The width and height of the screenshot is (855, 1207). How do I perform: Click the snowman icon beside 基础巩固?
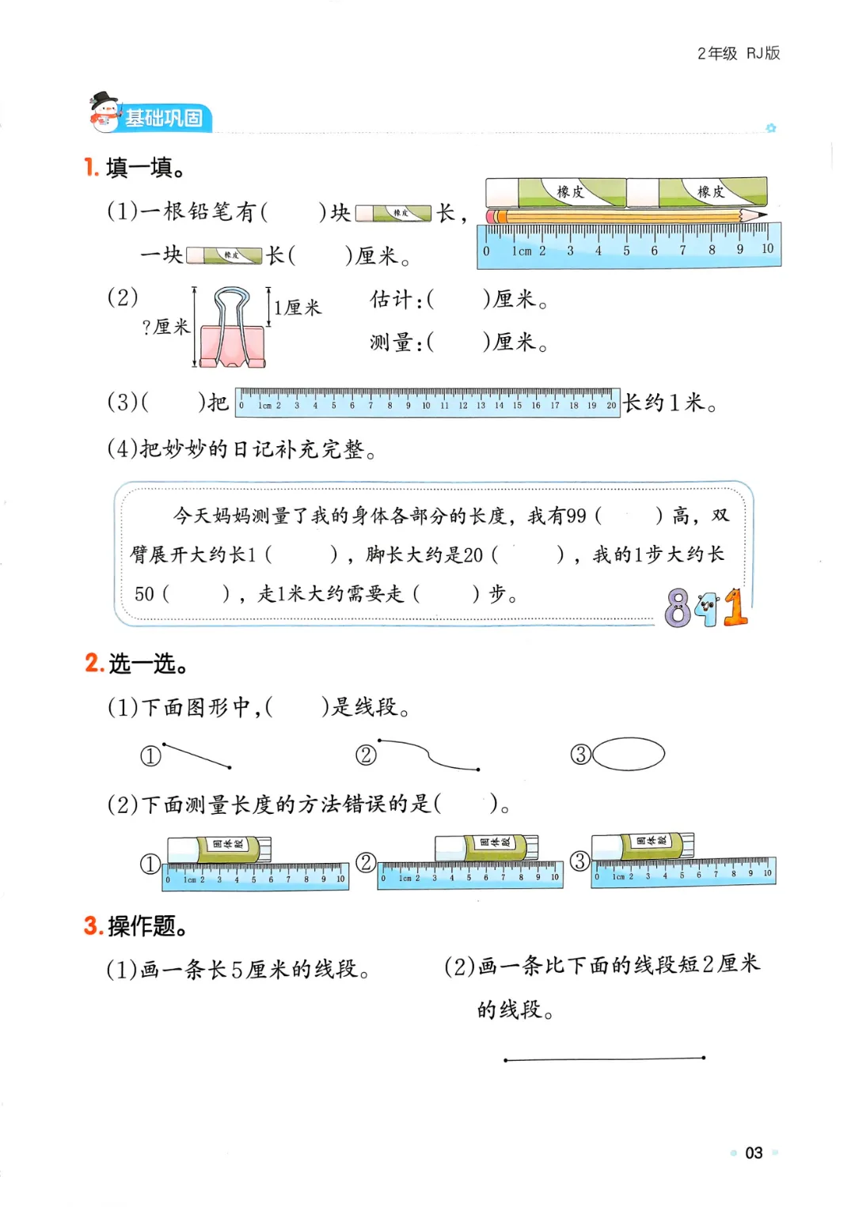[104, 112]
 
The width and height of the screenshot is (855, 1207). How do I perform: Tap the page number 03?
[754, 1152]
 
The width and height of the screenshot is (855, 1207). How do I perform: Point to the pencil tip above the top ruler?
[762, 214]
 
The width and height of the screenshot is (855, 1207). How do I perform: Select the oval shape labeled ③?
[629, 754]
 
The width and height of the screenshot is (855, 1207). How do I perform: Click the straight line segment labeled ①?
[196, 756]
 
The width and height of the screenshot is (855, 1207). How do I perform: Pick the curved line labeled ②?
[429, 755]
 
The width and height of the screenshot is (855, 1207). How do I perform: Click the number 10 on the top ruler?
[766, 249]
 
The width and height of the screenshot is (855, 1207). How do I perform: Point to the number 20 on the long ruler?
[611, 406]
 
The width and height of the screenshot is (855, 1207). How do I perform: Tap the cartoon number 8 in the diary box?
[678, 608]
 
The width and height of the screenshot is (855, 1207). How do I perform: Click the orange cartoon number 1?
[735, 607]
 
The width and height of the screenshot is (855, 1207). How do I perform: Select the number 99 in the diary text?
[576, 516]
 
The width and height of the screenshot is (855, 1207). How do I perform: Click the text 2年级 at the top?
[717, 54]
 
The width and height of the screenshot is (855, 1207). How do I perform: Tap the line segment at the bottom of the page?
[604, 1058]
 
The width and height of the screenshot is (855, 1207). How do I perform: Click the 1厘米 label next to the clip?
[298, 308]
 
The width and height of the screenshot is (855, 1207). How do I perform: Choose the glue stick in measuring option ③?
[643, 846]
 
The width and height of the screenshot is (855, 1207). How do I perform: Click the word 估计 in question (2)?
[391, 300]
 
